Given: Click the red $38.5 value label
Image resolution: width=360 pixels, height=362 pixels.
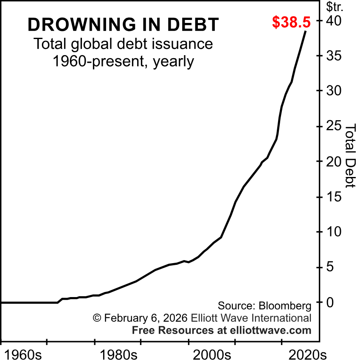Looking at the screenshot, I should pos(291,22).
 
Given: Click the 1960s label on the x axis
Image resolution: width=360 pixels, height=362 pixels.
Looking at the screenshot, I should pos(23,354).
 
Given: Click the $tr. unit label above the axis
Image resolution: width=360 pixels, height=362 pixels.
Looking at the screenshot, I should pos(334,7).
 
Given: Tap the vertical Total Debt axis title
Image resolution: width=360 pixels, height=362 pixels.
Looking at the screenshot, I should pos(350,155).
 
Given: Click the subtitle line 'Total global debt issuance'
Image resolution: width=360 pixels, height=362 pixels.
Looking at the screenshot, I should pos(123,44).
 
